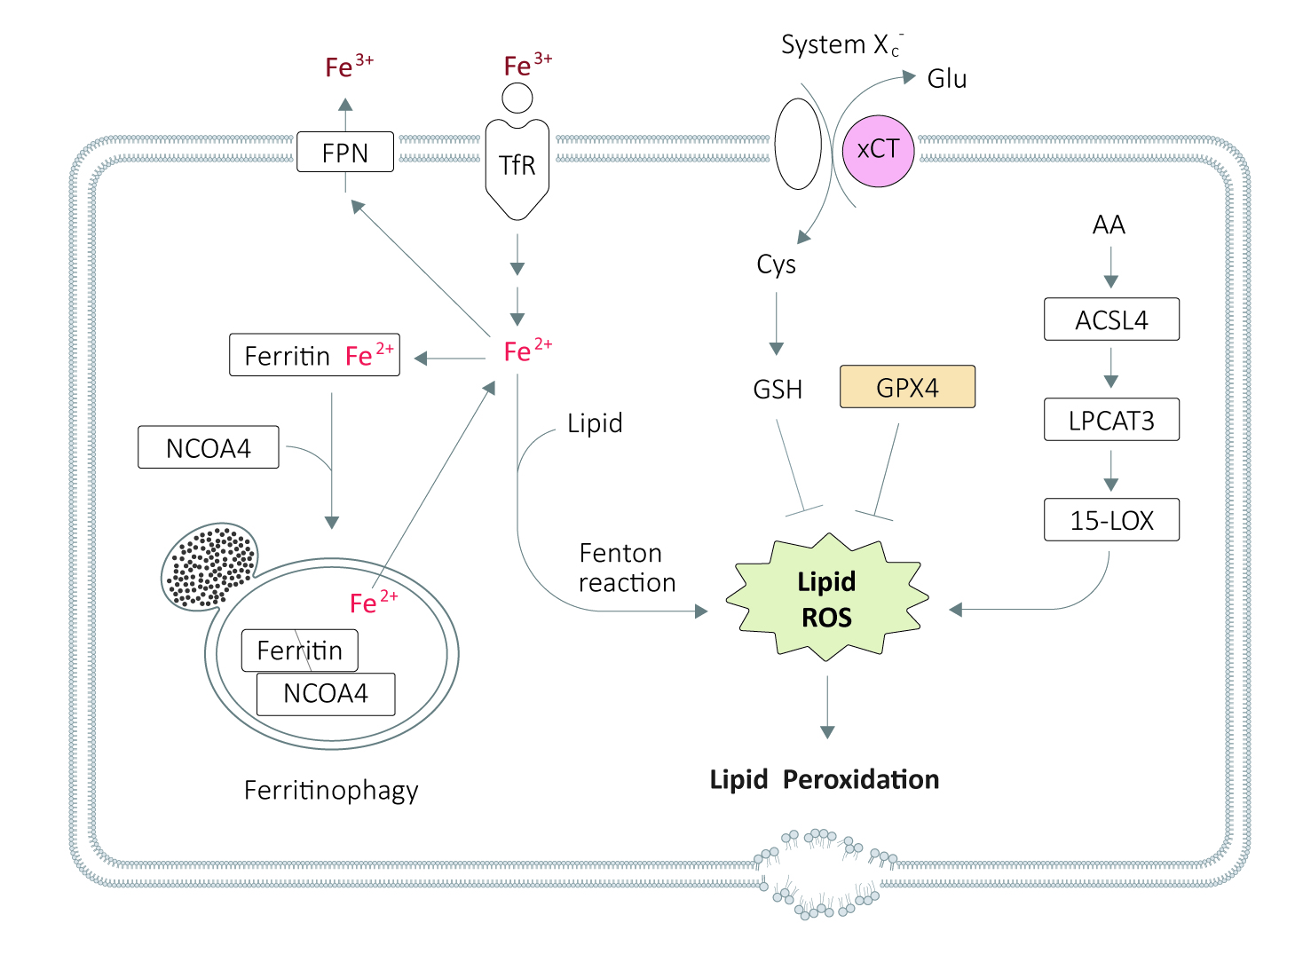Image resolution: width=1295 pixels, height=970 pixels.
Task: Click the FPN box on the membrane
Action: tap(344, 152)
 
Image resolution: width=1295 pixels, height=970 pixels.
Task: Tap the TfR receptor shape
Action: tap(517, 168)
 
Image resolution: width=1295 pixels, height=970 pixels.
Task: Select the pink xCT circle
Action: tap(878, 150)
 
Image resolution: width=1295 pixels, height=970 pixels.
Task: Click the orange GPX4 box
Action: tap(907, 387)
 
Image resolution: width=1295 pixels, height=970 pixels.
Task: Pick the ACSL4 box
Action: tap(1111, 319)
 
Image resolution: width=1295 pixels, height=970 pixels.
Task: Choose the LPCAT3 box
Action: tap(1111, 420)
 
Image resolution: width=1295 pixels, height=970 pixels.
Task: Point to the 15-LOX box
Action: tap(1111, 520)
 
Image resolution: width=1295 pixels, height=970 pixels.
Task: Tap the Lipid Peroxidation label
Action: tap(824, 779)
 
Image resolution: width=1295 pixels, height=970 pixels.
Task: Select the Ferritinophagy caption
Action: tap(331, 789)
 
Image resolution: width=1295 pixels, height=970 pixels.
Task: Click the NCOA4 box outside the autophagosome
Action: tap(209, 447)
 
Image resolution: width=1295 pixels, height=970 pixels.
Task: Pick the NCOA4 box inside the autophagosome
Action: tap(326, 694)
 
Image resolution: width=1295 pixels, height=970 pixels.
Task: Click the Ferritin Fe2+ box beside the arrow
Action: tap(314, 355)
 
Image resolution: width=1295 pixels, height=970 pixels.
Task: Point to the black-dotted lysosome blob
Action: tap(210, 566)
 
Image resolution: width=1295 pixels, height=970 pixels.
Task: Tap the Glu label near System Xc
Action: tap(946, 79)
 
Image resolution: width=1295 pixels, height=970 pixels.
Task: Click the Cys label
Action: tap(776, 264)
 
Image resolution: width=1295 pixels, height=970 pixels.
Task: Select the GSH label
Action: tap(778, 389)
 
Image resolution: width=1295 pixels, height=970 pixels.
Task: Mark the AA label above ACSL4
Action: tap(1109, 225)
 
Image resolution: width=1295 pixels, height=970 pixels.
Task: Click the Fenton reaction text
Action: tap(627, 568)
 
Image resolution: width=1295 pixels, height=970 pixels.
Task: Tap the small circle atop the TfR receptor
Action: tap(517, 98)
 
